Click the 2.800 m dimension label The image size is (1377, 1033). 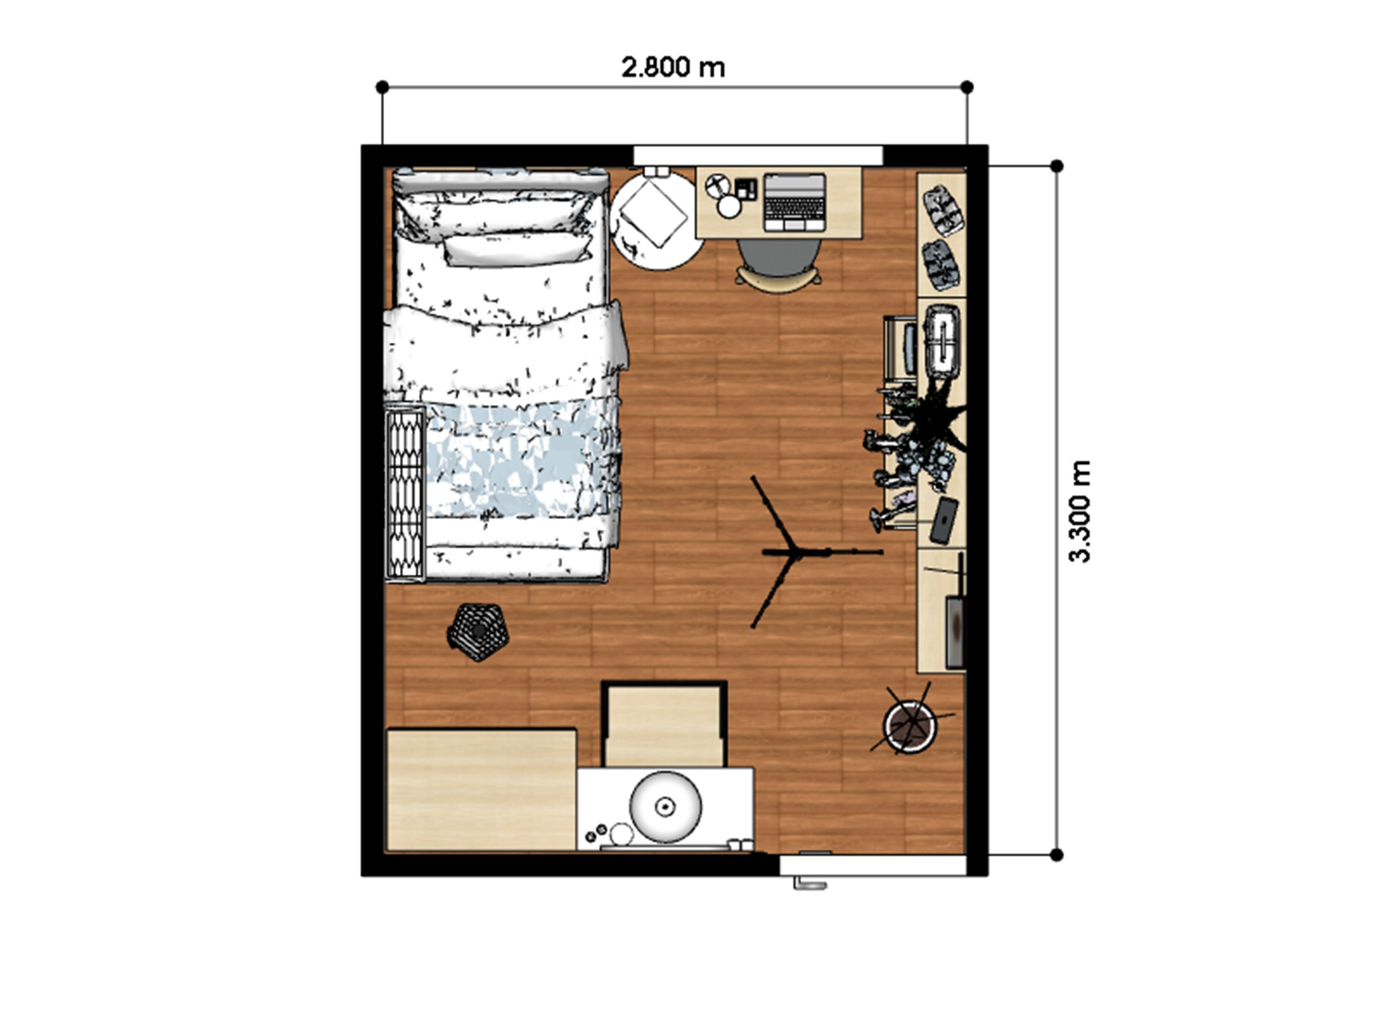click(673, 67)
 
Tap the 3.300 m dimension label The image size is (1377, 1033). click(1079, 511)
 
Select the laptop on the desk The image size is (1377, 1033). click(794, 202)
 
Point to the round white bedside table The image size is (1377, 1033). click(656, 219)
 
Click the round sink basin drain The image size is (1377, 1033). click(666, 805)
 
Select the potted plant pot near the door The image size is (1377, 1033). click(910, 726)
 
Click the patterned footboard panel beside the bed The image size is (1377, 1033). click(405, 494)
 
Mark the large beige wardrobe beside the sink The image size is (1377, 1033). click(481, 790)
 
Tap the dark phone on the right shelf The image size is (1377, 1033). click(944, 520)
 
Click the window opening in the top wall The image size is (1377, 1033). click(758, 155)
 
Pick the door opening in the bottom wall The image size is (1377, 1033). click(872, 865)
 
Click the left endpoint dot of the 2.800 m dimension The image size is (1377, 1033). click(383, 87)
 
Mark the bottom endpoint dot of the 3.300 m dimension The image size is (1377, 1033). click(1056, 855)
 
